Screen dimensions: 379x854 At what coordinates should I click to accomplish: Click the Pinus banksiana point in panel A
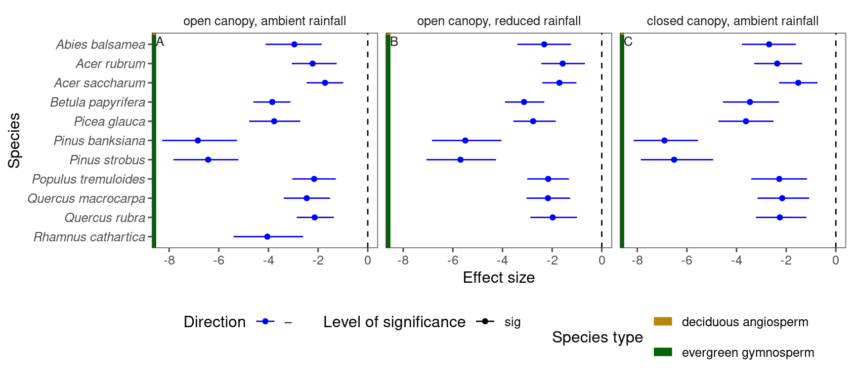pos(198,141)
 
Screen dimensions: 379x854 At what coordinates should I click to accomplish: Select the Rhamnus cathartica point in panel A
pos(267,237)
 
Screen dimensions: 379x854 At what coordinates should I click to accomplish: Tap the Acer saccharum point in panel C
pos(798,83)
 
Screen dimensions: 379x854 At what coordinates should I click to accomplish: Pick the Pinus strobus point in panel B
pos(461,160)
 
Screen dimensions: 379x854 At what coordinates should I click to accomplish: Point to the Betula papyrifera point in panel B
pos(524,102)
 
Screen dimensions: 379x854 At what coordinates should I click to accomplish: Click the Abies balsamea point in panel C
pos(769,44)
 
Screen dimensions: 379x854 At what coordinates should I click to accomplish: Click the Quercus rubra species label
pos(105,218)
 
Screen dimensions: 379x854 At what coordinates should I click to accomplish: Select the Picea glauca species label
pos(110,121)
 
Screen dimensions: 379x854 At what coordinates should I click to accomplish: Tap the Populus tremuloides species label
pos(89,179)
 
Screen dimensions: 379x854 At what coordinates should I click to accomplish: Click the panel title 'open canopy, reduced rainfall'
pos(499,21)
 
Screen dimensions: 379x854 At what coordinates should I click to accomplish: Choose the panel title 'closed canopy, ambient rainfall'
pos(732,21)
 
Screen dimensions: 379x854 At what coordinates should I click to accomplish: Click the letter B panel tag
pos(394,42)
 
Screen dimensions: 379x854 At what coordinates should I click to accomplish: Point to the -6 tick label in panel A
pos(218,261)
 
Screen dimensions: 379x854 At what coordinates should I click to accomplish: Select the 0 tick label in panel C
pos(836,261)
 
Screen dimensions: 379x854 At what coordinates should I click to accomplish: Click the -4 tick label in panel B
pos(502,261)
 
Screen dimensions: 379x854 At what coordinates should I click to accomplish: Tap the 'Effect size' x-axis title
pos(499,278)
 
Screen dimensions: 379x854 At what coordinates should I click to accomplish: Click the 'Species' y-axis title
pos(14,141)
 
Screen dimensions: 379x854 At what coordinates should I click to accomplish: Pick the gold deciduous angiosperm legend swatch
pos(663,322)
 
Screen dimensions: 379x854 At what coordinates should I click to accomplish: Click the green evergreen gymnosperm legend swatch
pos(663,352)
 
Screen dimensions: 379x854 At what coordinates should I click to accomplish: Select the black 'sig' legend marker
pos(485,322)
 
